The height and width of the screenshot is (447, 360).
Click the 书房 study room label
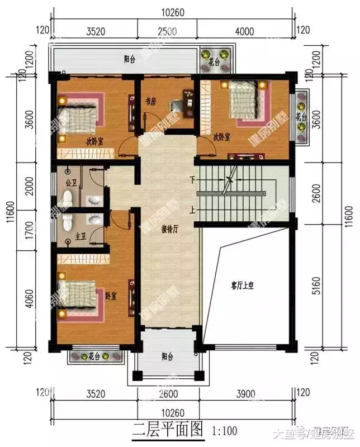(x=150, y=102)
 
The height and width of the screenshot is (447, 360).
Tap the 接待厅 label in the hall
(x=169, y=229)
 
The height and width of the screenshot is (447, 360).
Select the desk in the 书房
(x=183, y=104)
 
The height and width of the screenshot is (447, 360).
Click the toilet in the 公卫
(x=67, y=198)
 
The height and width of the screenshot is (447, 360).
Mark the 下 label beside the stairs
(x=192, y=180)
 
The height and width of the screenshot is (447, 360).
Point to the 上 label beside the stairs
(x=192, y=211)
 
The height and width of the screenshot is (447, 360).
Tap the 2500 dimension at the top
(x=166, y=31)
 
